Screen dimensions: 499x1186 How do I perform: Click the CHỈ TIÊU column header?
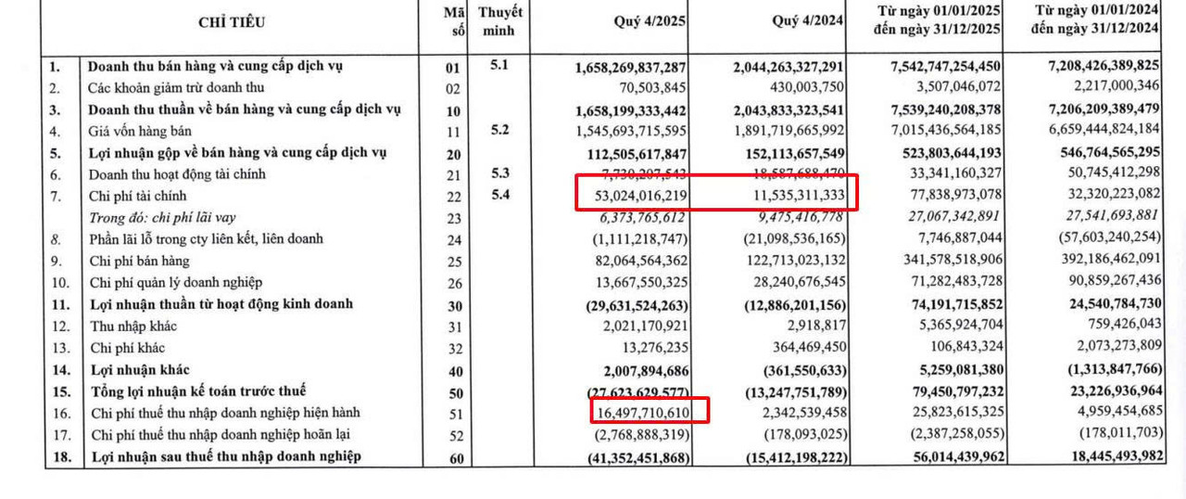click(x=231, y=23)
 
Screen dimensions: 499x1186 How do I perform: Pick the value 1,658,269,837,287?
click(x=630, y=68)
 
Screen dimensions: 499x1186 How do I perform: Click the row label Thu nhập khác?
click(x=133, y=326)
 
